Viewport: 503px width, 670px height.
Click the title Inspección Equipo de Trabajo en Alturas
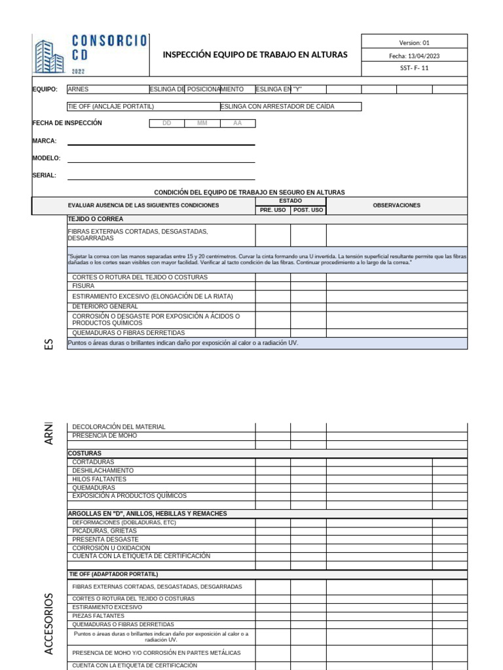[x=255, y=55]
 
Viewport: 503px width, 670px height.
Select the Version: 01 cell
[x=414, y=43]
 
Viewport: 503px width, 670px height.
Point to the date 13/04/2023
[x=414, y=56]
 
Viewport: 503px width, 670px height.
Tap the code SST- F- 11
[x=414, y=68]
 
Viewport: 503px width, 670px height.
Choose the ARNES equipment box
[x=108, y=89]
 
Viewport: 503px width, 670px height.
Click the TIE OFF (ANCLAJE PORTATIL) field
[x=143, y=106]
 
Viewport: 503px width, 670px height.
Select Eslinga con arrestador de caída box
[x=290, y=106]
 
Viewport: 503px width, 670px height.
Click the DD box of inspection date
[x=166, y=123]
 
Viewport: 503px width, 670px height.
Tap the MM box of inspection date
[x=202, y=123]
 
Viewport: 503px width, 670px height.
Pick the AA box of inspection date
[x=237, y=123]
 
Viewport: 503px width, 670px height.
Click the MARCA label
[x=45, y=141]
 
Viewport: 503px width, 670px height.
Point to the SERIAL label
[x=45, y=175]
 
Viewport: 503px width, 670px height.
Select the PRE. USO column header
[x=272, y=210]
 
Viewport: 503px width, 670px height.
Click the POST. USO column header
[x=308, y=210]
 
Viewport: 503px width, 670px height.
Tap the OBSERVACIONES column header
[x=396, y=205]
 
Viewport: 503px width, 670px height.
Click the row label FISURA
[x=83, y=286]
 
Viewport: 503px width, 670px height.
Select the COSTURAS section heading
[x=84, y=453]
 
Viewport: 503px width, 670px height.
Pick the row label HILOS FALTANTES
[x=99, y=479]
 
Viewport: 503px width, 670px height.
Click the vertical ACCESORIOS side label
[x=48, y=623]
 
